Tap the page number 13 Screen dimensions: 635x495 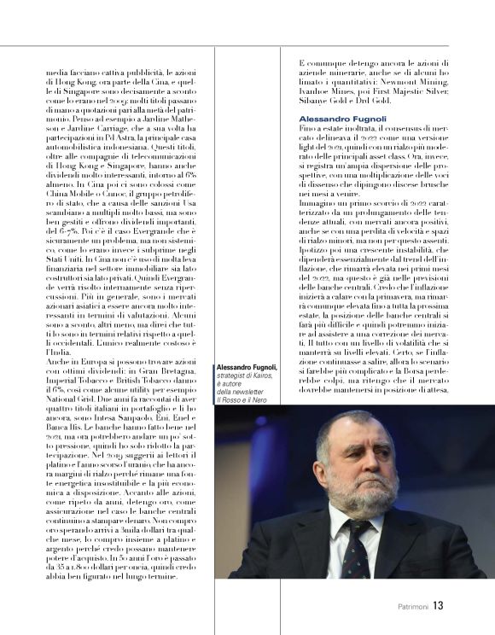click(438, 607)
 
